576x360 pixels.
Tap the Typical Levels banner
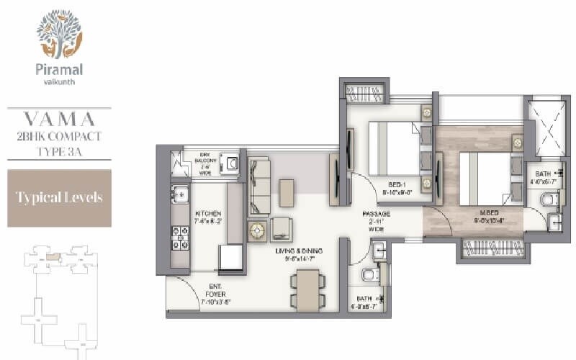coord(60,197)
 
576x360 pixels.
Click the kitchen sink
coord(179,194)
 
